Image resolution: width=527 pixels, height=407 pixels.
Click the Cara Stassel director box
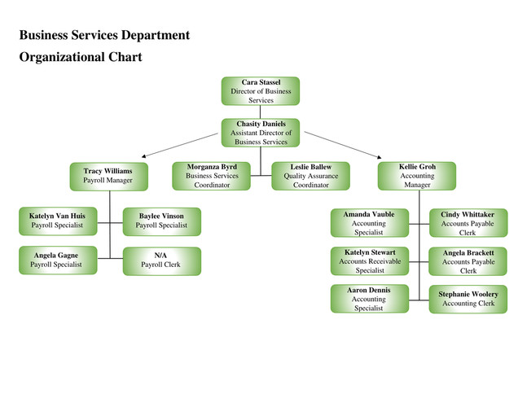tap(261, 91)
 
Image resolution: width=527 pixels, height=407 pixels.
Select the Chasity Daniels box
tap(261, 133)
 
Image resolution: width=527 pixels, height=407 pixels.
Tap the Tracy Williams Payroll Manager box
tap(109, 177)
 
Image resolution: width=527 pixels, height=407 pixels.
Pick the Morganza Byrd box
tap(212, 176)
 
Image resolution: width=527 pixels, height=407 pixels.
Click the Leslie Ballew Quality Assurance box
tap(311, 176)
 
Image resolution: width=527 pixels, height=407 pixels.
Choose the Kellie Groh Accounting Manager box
tap(417, 176)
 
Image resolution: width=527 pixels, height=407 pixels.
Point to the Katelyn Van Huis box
tap(58, 221)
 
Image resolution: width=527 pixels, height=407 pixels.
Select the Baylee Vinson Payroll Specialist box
tap(162, 221)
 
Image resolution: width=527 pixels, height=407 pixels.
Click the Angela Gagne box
tap(58, 260)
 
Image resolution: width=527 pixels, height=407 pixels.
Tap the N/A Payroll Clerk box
tap(162, 261)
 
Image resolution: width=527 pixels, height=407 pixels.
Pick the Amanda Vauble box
tap(370, 223)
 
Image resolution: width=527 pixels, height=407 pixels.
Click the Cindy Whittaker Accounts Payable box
tap(468, 223)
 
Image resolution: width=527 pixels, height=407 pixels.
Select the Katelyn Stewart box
tap(370, 261)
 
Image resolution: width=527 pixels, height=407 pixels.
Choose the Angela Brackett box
tap(468, 261)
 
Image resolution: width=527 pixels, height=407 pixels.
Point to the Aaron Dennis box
tap(370, 299)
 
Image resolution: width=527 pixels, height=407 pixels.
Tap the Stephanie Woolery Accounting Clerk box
tap(468, 300)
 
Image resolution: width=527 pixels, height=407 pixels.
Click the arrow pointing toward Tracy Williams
tap(180, 145)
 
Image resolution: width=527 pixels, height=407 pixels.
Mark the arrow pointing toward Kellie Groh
tap(343, 145)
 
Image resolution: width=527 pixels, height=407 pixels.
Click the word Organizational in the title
tap(62, 57)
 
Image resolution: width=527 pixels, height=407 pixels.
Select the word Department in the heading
tap(156, 35)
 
